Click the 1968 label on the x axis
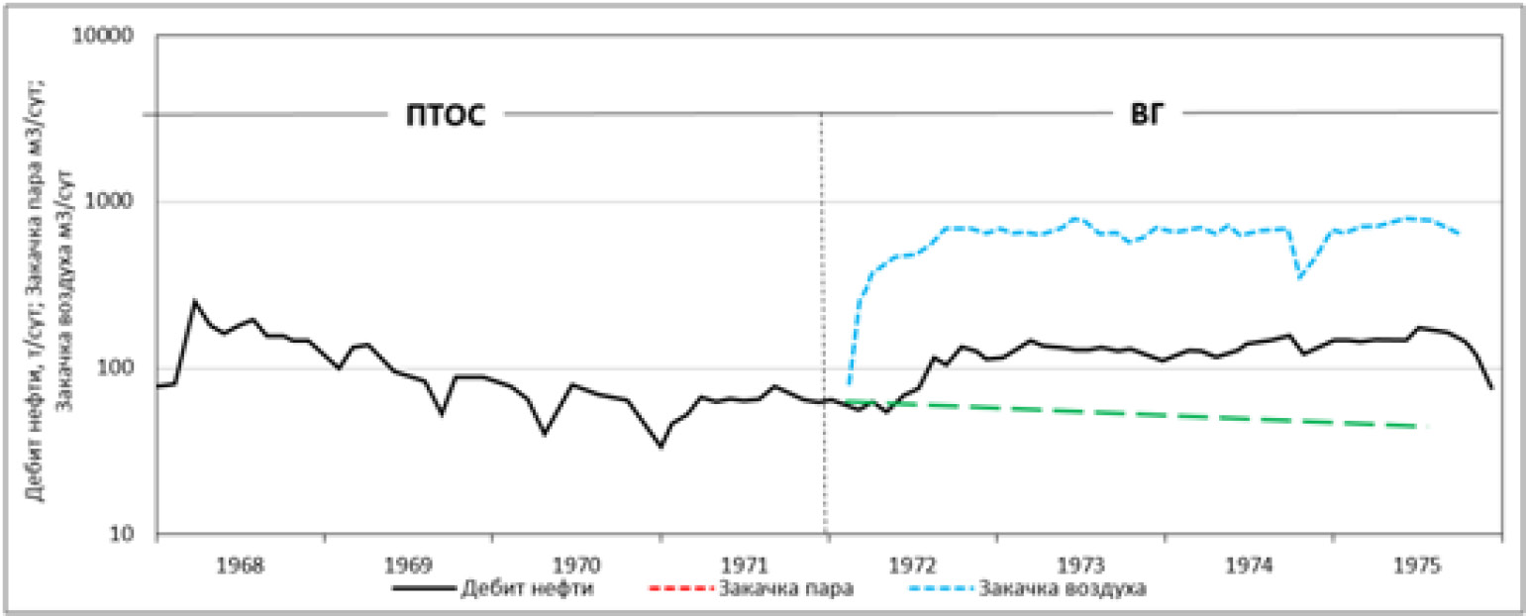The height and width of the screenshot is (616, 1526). [x=240, y=565]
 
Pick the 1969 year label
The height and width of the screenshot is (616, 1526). [x=408, y=565]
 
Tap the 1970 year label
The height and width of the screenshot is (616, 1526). [x=576, y=565]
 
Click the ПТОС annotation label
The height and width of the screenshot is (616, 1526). [x=445, y=116]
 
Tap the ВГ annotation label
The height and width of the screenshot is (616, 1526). [x=1150, y=114]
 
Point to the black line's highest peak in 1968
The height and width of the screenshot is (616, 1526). [x=195, y=300]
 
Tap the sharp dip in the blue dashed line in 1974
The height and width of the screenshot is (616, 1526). [x=1299, y=277]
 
